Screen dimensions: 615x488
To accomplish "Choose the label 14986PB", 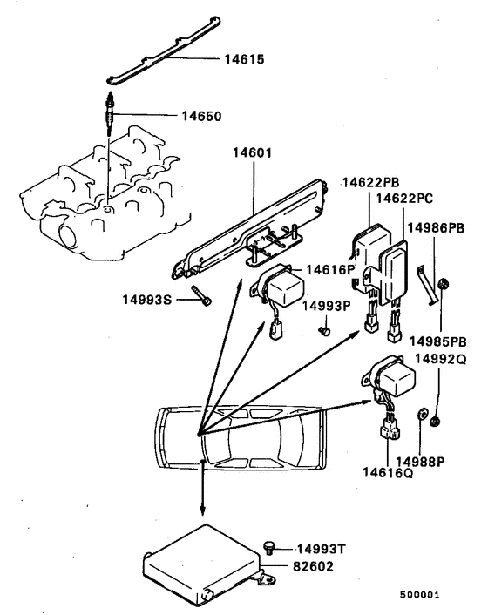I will click(x=440, y=226).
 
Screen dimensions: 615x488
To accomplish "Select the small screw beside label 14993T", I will click(x=270, y=546).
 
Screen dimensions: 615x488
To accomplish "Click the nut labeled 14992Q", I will click(x=437, y=422).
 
